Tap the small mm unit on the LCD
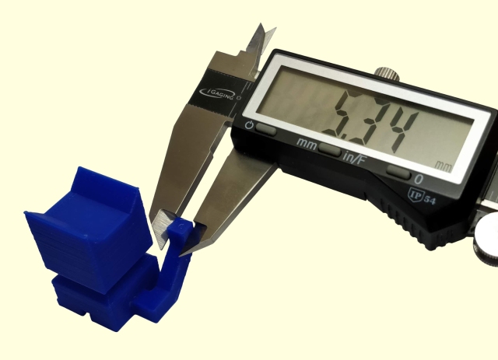point(444,166)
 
